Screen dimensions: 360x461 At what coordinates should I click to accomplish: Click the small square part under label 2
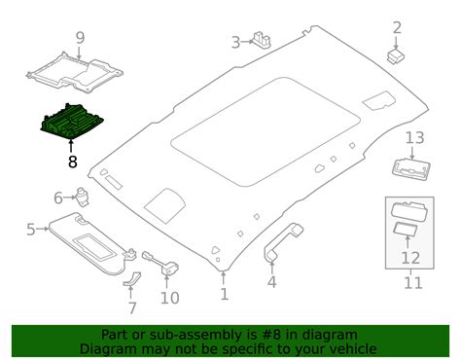pyautogui.click(x=395, y=55)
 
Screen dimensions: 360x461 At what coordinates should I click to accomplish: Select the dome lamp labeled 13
pyautogui.click(x=412, y=167)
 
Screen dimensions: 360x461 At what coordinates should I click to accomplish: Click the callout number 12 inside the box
pyautogui.click(x=410, y=259)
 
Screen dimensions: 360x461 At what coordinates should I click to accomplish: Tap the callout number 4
pyautogui.click(x=272, y=282)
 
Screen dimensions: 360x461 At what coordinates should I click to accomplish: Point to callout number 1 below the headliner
pyautogui.click(x=225, y=293)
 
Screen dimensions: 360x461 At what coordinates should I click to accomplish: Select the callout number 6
pyautogui.click(x=58, y=197)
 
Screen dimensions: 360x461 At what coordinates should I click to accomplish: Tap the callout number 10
pyautogui.click(x=170, y=297)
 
